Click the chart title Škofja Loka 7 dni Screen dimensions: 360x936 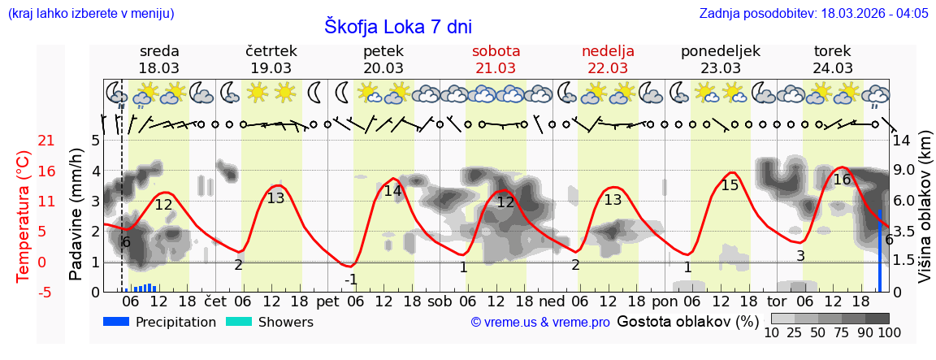[397, 26]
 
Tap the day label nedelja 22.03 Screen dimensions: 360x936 [608, 59]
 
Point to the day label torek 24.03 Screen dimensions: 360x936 [833, 59]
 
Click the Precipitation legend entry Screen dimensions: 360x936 [160, 323]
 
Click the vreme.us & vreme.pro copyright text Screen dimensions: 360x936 [540, 323]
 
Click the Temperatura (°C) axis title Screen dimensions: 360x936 [23, 215]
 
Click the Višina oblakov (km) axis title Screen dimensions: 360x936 [925, 215]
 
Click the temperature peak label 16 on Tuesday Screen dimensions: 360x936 [842, 180]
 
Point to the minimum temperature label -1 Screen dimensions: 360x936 [351, 280]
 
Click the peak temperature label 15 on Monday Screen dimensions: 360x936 [730, 184]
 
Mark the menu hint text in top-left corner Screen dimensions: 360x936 [90, 13]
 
